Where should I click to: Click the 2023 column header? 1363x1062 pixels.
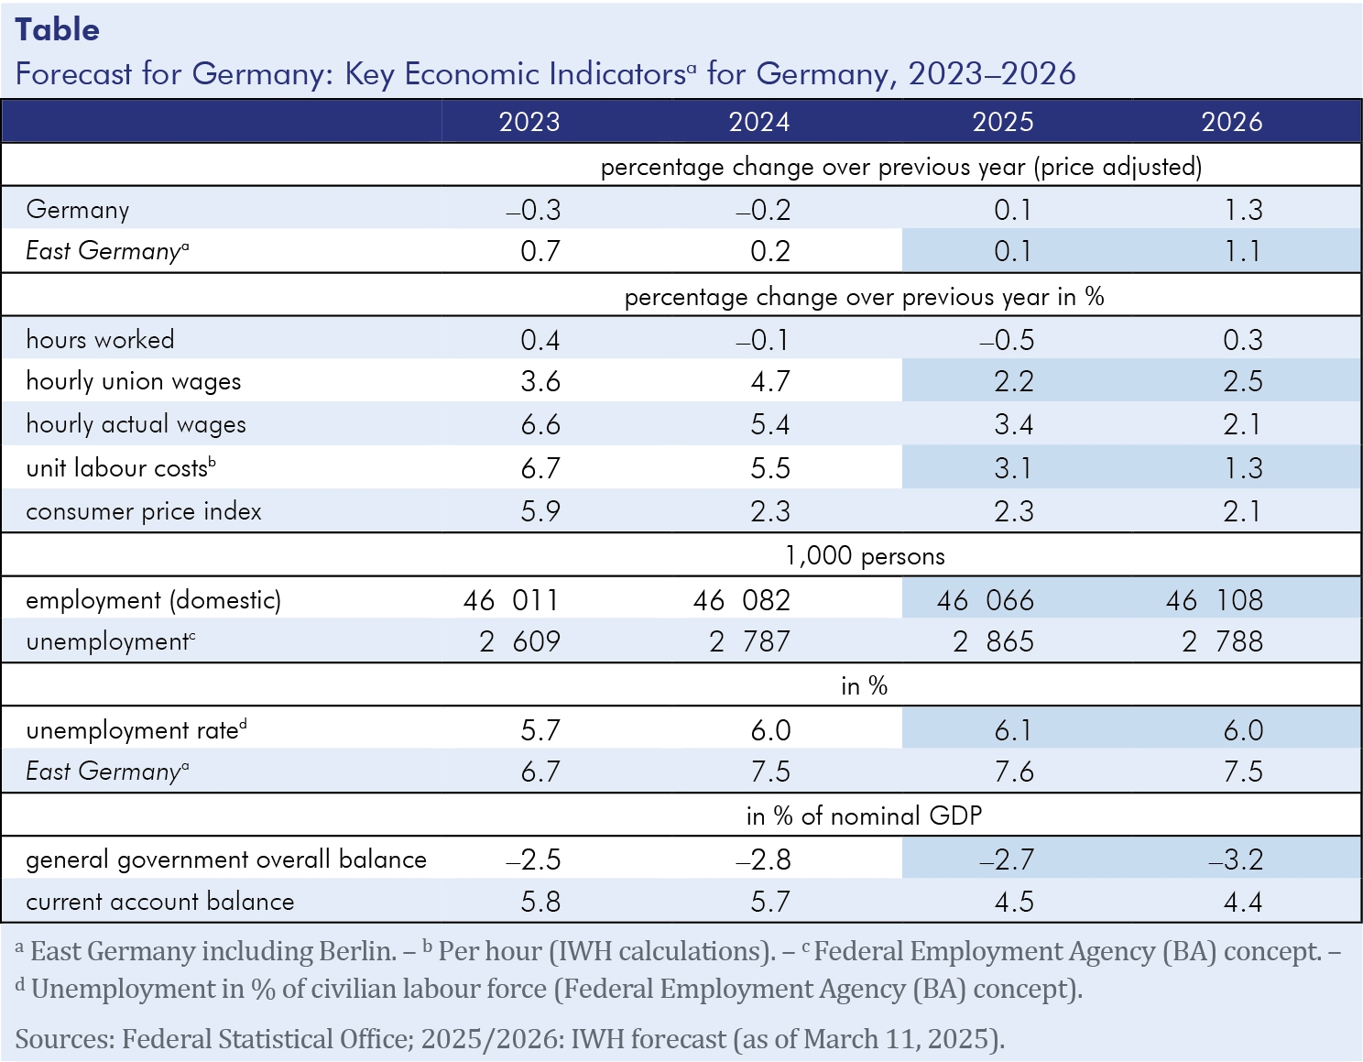click(x=529, y=122)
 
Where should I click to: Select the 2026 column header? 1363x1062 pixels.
click(x=1231, y=122)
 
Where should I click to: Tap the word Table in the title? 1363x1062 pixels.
click(x=57, y=30)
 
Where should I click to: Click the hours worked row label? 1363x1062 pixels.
click(x=100, y=340)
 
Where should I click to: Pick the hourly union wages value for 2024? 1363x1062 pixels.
click(x=769, y=382)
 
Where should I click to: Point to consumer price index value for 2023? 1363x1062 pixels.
click(x=540, y=511)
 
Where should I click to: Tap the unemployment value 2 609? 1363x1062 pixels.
click(x=519, y=641)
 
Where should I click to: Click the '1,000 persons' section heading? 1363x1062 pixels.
click(x=865, y=556)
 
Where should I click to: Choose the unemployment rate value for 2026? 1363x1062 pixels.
click(x=1242, y=730)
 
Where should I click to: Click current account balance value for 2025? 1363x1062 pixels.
click(x=1013, y=902)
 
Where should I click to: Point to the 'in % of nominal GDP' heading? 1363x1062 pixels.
click(x=864, y=816)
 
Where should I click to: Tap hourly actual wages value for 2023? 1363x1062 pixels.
click(x=540, y=425)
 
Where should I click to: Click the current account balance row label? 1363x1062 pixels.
click(x=160, y=902)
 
